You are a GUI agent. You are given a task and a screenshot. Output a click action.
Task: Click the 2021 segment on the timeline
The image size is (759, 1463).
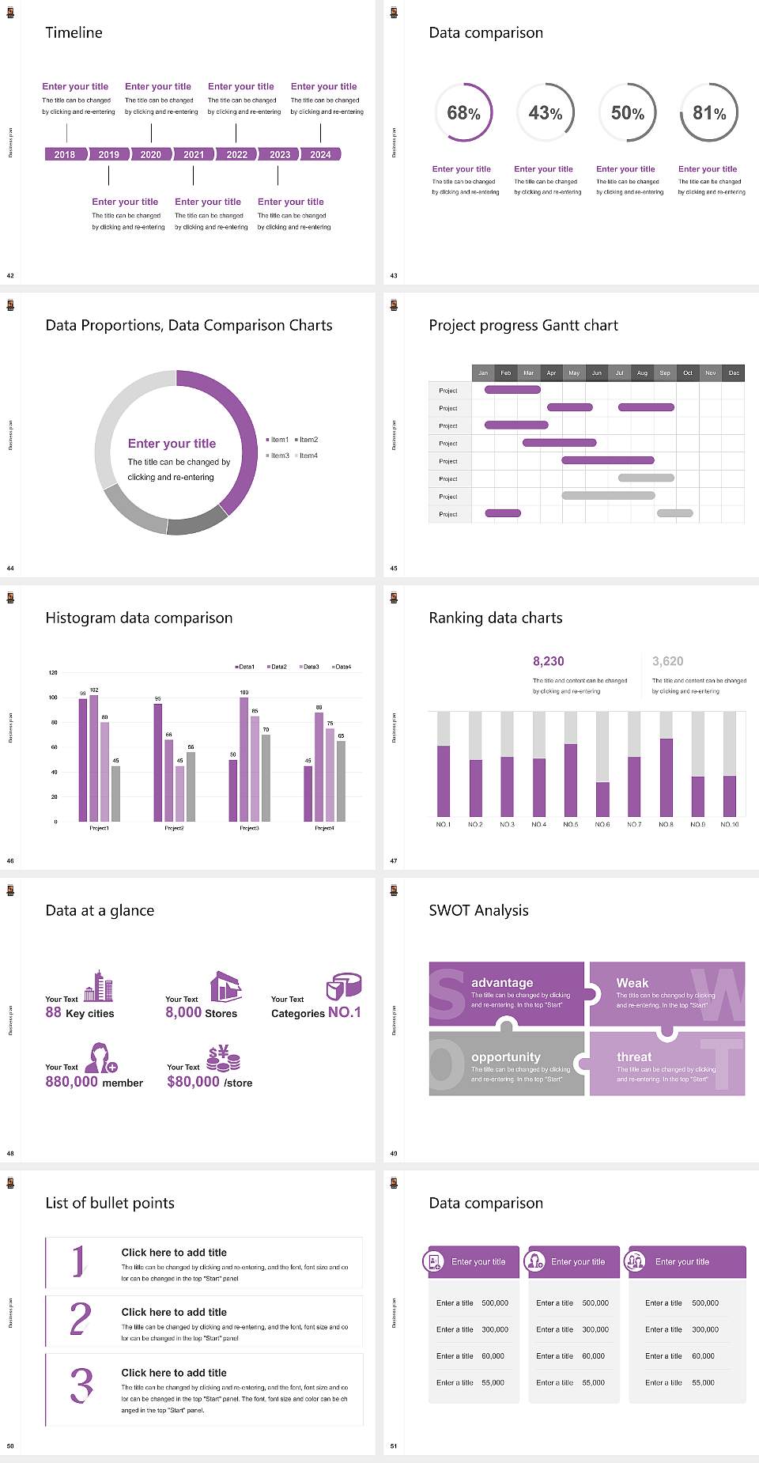click(x=194, y=154)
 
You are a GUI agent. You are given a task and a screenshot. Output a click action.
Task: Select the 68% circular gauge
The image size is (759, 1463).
click(x=463, y=112)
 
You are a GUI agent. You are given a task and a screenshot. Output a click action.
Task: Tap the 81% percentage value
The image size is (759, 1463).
click(x=709, y=113)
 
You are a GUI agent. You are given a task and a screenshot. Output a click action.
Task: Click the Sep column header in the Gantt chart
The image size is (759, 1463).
click(x=665, y=372)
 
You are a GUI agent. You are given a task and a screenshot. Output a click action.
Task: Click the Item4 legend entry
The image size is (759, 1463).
click(x=307, y=456)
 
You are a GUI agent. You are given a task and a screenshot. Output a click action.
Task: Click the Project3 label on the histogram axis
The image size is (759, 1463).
click(x=249, y=828)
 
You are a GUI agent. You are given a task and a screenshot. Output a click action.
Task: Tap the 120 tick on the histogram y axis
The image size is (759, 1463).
click(x=53, y=673)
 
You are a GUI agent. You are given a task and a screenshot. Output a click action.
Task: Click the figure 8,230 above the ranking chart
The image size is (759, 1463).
click(x=548, y=661)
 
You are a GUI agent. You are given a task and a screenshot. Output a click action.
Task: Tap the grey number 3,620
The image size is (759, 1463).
click(x=667, y=661)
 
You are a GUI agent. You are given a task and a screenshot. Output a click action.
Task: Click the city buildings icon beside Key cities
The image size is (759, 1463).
click(x=99, y=987)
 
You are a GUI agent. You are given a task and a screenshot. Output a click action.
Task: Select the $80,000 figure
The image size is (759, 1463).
click(x=193, y=1082)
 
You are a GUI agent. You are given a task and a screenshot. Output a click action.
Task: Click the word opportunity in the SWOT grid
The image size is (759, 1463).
click(x=505, y=1057)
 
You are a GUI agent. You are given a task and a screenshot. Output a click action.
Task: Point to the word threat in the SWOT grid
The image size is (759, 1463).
click(x=634, y=1057)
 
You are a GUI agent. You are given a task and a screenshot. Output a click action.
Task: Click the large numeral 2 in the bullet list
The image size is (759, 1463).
click(x=81, y=1319)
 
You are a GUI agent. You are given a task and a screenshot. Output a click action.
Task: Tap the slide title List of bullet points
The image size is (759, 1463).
click(x=110, y=1203)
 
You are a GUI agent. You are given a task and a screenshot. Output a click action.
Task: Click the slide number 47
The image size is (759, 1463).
click(x=393, y=860)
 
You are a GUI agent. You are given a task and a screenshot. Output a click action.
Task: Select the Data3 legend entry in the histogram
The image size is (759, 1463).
click(x=310, y=667)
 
